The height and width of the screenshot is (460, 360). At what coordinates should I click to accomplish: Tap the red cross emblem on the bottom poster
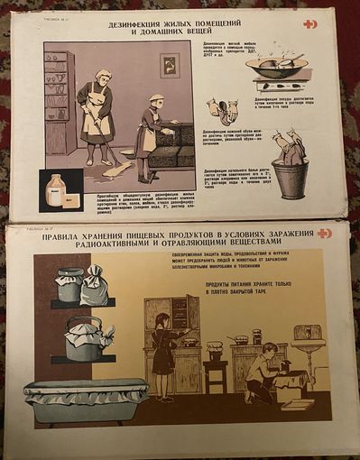324,233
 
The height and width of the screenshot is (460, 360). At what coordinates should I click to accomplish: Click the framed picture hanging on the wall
169,65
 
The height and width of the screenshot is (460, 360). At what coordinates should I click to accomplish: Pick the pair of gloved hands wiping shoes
224,111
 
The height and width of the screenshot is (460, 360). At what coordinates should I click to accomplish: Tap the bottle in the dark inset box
54,189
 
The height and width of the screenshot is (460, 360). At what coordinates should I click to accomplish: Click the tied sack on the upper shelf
94,286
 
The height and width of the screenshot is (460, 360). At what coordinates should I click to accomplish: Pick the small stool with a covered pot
216,361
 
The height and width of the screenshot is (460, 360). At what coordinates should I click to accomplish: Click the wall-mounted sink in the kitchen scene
306,338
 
